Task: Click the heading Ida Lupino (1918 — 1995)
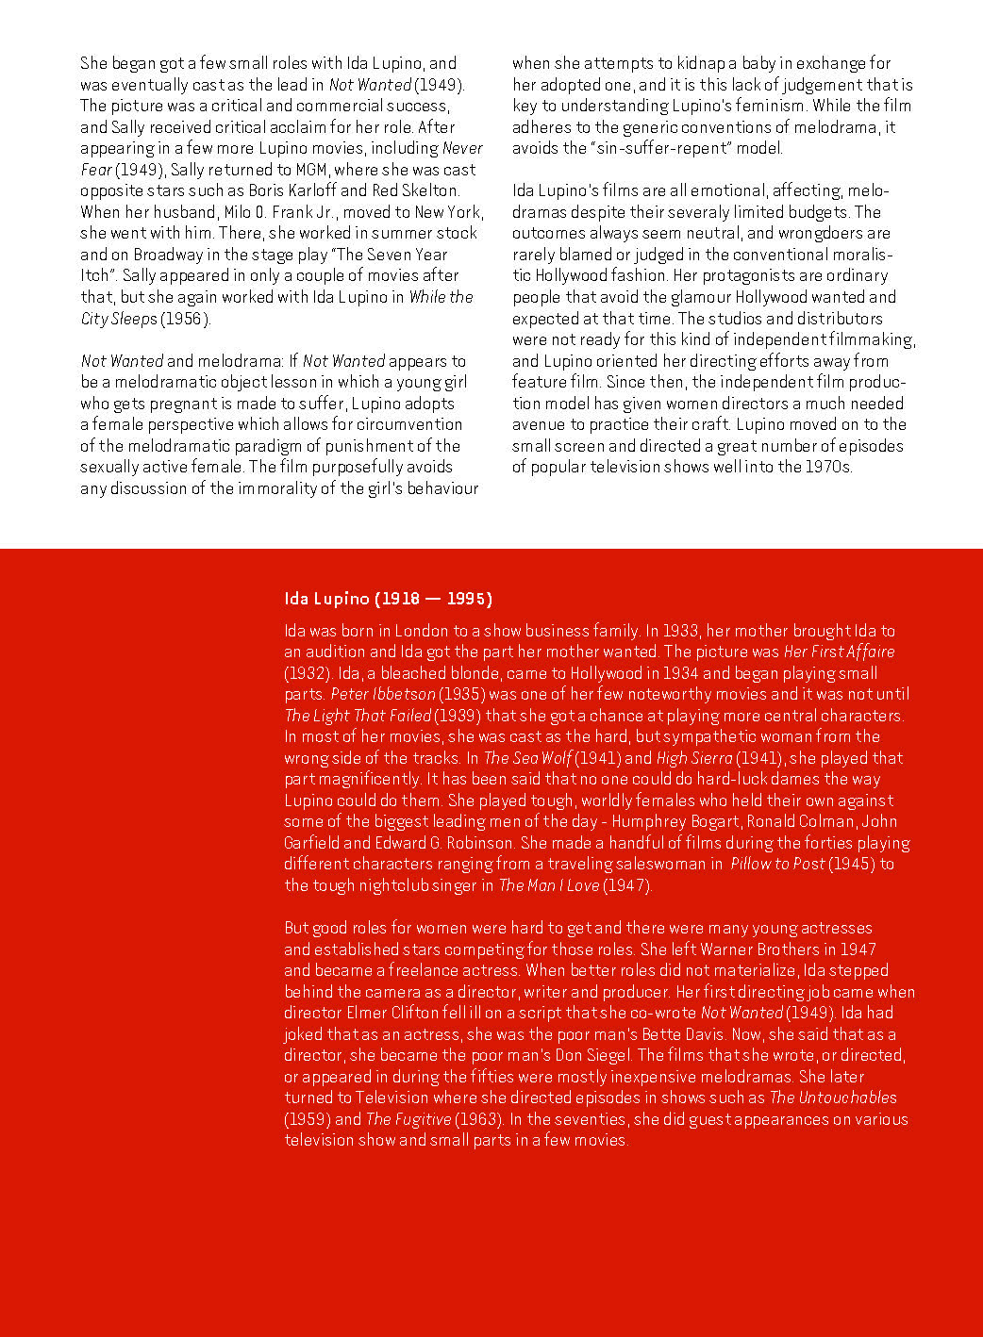[x=388, y=599]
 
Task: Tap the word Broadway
[x=172, y=255]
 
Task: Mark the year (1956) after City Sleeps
[x=185, y=319]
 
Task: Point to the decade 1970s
[x=826, y=467]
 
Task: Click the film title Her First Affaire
[x=839, y=652]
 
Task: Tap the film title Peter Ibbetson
[x=382, y=694]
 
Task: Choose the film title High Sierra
[x=693, y=758]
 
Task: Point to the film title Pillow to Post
[x=776, y=864]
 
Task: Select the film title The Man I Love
[x=548, y=885]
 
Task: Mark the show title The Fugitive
[x=408, y=1119]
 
